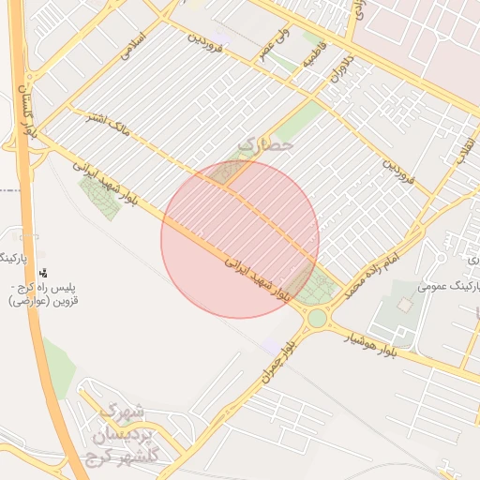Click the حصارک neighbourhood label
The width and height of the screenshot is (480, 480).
(x=266, y=145)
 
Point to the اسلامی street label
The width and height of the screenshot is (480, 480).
(x=135, y=47)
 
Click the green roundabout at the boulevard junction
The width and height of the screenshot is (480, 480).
(x=317, y=318)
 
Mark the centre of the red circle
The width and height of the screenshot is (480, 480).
(x=240, y=239)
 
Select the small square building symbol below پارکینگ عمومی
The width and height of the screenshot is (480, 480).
(x=404, y=305)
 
